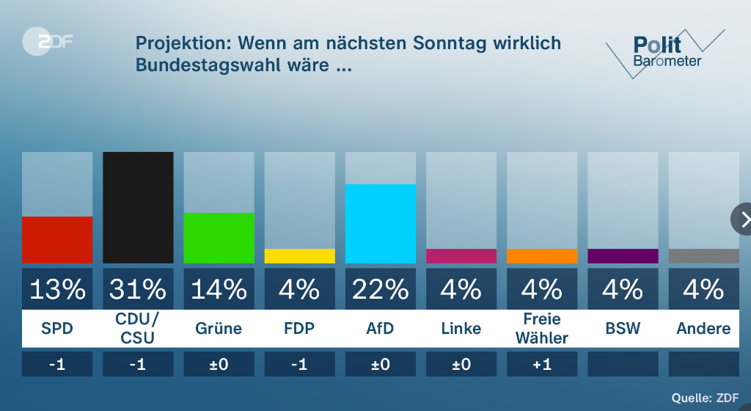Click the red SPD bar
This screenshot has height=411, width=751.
pyautogui.click(x=57, y=239)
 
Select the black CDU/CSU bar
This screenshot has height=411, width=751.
pyautogui.click(x=138, y=207)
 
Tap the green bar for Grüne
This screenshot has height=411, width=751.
pyautogui.click(x=219, y=238)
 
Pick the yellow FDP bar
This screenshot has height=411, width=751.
pyautogui.click(x=299, y=256)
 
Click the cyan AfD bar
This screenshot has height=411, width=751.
pyautogui.click(x=380, y=223)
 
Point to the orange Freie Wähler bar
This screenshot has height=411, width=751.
pyautogui.click(x=541, y=256)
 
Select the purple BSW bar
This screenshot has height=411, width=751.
pyautogui.click(x=623, y=256)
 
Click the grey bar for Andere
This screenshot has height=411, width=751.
pyautogui.click(x=703, y=256)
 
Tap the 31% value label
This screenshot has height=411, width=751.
pyautogui.click(x=138, y=289)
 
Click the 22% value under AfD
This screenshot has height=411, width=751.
pyautogui.click(x=380, y=289)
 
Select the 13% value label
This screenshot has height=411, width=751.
pyautogui.click(x=57, y=289)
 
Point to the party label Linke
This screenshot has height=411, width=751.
pyautogui.click(x=461, y=328)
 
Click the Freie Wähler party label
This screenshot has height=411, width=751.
pyautogui.click(x=541, y=328)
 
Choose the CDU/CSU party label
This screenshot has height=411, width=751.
pyautogui.click(x=138, y=328)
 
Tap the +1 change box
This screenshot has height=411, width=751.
pyautogui.click(x=541, y=364)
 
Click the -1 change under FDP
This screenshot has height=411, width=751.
pyautogui.click(x=299, y=364)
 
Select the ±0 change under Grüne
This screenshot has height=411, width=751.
pyautogui.click(x=219, y=364)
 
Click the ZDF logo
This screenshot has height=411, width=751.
pyautogui.click(x=47, y=41)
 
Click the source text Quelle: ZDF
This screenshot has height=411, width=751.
pyautogui.click(x=705, y=397)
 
